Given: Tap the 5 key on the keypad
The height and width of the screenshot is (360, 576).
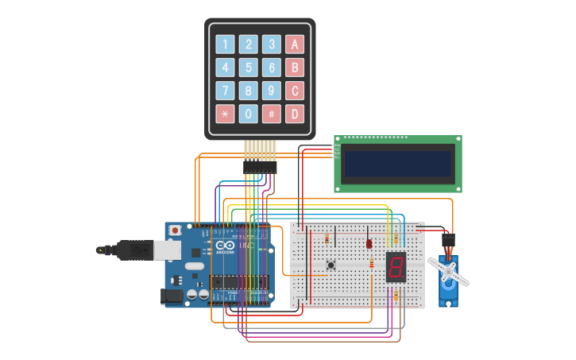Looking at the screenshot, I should (249, 68).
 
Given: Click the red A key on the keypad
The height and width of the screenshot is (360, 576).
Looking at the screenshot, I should (295, 45).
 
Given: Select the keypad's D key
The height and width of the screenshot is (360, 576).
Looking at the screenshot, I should (295, 114).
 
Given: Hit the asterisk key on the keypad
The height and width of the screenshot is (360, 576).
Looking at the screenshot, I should (226, 114).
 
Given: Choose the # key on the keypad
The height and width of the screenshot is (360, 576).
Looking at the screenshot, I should (272, 114).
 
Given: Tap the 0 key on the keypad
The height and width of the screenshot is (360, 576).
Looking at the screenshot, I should (249, 114).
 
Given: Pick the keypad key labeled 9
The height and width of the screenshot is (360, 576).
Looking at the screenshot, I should (272, 91).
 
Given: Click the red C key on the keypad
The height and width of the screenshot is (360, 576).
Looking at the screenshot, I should (295, 91).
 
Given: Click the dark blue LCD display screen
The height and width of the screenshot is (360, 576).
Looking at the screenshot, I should (397, 163).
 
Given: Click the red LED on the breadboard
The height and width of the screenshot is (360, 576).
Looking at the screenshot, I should (369, 243).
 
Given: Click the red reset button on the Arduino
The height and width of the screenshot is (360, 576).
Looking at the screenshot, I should (175, 230).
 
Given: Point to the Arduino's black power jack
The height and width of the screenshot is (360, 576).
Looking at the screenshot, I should (171, 296).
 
